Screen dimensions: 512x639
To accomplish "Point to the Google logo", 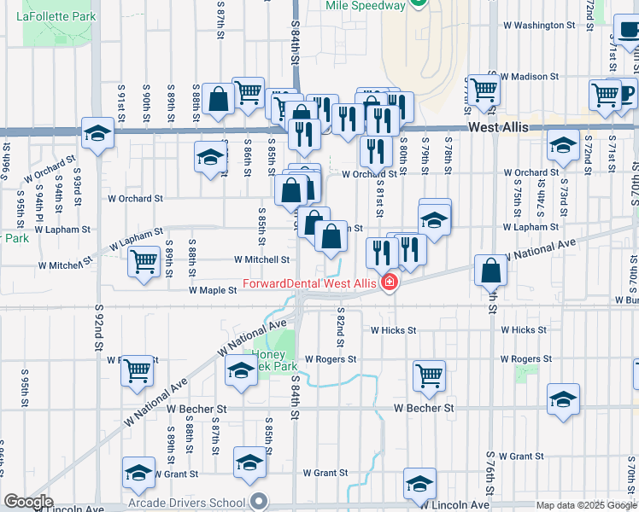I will tap(28, 502).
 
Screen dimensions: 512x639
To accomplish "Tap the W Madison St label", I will tap(529, 76).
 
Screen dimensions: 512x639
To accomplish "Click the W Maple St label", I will tap(213, 290).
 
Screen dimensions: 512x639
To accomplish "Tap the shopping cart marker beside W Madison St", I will tap(484, 88).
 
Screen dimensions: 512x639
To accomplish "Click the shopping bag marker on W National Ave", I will tap(491, 270).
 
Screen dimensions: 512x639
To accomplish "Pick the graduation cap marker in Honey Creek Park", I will tap(242, 371).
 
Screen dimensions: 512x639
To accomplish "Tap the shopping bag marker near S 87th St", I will tap(220, 98).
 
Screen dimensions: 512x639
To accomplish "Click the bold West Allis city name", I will tap(498, 127).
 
